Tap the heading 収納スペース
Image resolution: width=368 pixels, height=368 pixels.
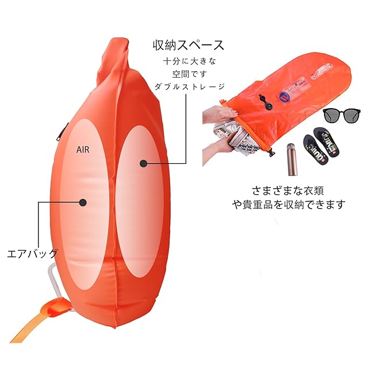(x=188, y=45)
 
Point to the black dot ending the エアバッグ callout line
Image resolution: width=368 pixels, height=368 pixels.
(x=83, y=202)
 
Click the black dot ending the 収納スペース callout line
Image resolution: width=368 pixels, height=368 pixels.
(x=143, y=164)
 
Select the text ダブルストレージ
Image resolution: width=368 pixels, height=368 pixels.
(x=188, y=86)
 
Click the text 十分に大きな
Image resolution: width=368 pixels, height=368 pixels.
(x=188, y=61)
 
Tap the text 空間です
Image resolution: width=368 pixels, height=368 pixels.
(x=188, y=74)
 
